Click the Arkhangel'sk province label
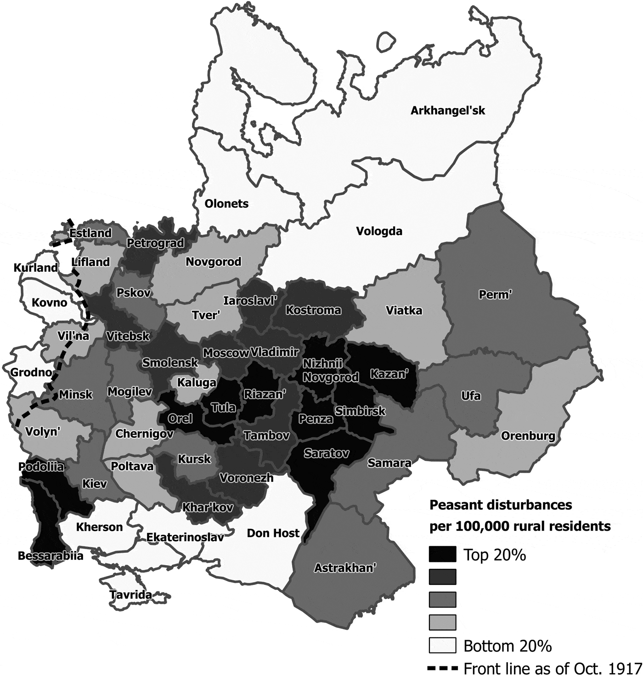[x=447, y=111]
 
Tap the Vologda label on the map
[x=379, y=231]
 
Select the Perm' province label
[x=495, y=294]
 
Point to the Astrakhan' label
[x=345, y=568]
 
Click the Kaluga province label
[x=197, y=383]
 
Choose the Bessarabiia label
[x=51, y=556]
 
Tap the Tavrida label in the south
[x=130, y=595]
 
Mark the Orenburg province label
[x=528, y=435]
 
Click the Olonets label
[x=226, y=204]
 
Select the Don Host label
[x=273, y=533]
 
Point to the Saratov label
[x=326, y=454]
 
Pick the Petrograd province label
[x=155, y=243]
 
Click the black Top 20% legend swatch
[x=442, y=554]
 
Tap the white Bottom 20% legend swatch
[x=442, y=645]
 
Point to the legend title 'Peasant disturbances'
[x=500, y=505]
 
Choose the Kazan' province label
[x=389, y=374]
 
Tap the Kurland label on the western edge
[x=36, y=268]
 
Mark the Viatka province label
[x=404, y=310]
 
